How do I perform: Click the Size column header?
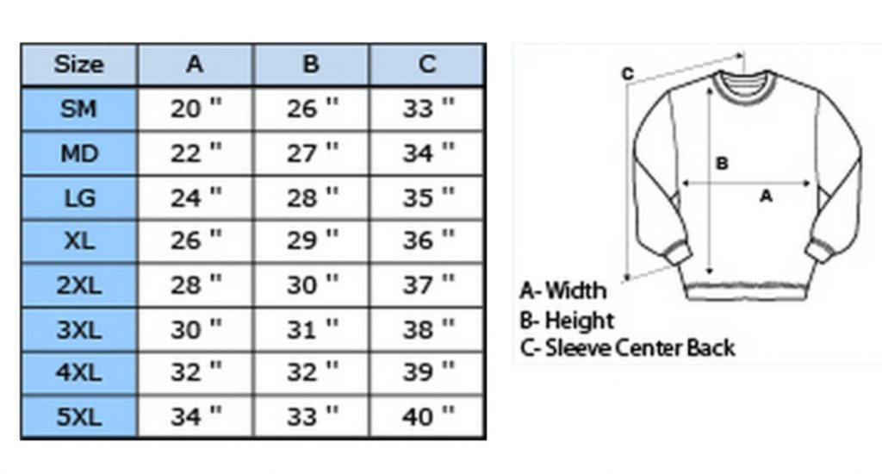tap(78, 64)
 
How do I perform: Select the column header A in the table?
tap(195, 64)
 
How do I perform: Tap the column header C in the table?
tap(427, 64)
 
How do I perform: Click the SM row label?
tap(78, 108)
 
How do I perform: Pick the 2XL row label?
tap(78, 285)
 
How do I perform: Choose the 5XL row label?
tap(78, 417)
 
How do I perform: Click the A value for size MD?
tap(196, 153)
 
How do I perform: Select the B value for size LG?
tap(313, 197)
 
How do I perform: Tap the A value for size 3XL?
tap(196, 329)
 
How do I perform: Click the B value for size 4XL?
tap(313, 372)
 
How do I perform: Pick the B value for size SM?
tap(313, 108)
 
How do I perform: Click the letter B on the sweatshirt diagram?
tap(722, 163)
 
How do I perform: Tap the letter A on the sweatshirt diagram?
tap(766, 196)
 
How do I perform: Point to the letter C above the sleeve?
tap(628, 74)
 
